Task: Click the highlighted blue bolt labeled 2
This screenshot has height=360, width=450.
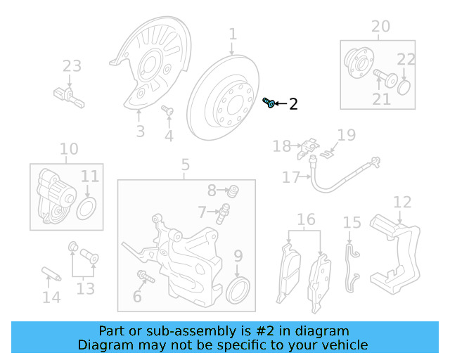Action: click(269, 103)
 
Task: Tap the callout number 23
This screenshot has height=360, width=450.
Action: click(72, 66)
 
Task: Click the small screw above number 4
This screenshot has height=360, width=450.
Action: click(167, 110)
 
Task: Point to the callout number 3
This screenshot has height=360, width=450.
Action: click(141, 131)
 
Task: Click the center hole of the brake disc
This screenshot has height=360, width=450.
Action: click(236, 105)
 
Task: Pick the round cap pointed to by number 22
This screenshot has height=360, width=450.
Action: click(404, 88)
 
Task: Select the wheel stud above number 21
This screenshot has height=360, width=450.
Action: click(385, 78)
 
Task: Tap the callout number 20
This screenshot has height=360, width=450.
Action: click(381, 27)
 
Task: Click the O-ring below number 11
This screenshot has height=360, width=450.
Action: click(86, 209)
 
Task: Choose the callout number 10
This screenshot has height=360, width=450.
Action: click(69, 149)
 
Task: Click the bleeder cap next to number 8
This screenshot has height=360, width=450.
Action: click(233, 191)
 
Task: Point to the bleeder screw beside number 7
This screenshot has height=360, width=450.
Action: click(223, 214)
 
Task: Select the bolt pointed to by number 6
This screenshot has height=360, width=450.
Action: click(146, 276)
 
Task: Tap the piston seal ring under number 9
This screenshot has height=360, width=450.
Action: click(238, 290)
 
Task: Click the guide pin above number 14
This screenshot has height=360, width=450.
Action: click(51, 274)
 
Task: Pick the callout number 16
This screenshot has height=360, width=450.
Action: click(306, 219)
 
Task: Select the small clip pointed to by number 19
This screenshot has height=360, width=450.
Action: click(326, 155)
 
